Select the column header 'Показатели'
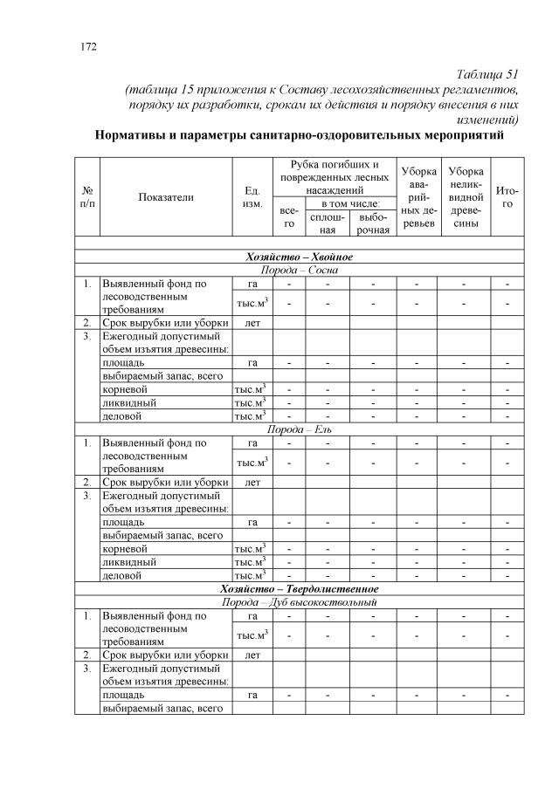point(166,196)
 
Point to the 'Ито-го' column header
point(507,196)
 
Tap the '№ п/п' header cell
point(87,196)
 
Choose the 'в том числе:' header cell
point(349,203)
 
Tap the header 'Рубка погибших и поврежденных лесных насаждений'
point(328,177)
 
